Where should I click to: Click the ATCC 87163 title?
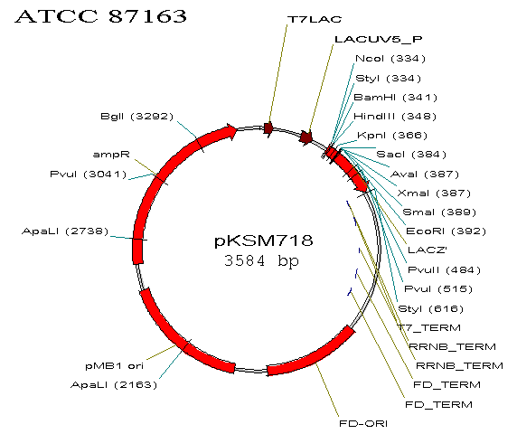(101, 16)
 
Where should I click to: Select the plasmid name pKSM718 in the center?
(263, 241)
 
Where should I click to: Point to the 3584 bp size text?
(261, 260)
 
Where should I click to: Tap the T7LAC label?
(315, 20)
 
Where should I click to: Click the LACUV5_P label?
(378, 39)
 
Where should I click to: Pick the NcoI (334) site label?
(390, 59)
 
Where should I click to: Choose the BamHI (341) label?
(395, 98)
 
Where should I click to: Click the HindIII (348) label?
(395, 117)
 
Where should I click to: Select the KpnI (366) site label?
(392, 136)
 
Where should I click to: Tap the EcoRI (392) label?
(446, 231)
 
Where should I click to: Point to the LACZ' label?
(428, 250)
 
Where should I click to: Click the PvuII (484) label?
(444, 270)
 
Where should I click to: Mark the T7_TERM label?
(429, 328)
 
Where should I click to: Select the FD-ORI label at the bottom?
(363, 423)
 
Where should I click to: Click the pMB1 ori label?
(115, 365)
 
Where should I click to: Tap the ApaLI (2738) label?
(65, 231)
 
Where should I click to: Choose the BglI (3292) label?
(136, 117)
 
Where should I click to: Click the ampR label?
(111, 155)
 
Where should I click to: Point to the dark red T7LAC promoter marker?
(268, 128)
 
